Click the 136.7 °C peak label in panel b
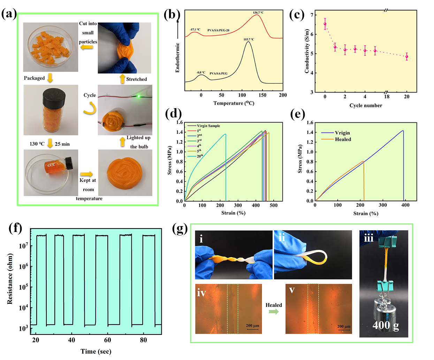258,13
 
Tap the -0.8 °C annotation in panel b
201,73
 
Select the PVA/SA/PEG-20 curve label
218,30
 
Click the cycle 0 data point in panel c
325,24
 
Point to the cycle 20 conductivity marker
406,57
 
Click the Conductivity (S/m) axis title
307,51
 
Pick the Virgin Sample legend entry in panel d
208,126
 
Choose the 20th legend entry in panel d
199,156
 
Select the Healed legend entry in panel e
343,139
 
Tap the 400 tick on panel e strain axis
405,205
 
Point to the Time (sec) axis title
96,351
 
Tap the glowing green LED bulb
139,96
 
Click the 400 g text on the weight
386,325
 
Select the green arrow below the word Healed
274,312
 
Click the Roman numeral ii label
282,238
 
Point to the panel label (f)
15,228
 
